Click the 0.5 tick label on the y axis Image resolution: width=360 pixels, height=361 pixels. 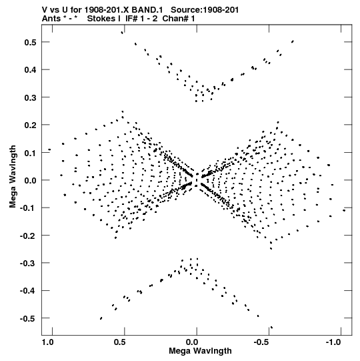coord(30,42)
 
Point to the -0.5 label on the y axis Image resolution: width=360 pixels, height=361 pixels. coord(28,319)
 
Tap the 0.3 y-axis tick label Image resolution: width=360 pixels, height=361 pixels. coord(30,97)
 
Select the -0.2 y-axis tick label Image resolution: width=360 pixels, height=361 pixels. coord(28,236)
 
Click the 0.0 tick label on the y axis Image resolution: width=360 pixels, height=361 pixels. coord(30,180)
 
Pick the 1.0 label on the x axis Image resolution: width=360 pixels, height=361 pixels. coord(47,342)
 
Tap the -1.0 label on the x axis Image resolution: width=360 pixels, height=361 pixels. coord(333,342)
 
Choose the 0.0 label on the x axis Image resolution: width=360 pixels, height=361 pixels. coord(192,342)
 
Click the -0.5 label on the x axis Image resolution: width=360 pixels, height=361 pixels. coord(261,342)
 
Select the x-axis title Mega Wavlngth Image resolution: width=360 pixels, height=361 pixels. coord(200,351)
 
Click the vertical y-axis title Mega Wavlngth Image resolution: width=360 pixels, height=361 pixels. coord(13,177)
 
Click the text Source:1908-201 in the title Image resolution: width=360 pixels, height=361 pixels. coord(205,10)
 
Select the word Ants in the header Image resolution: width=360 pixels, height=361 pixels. coord(51,19)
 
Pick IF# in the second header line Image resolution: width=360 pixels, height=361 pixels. coord(132,19)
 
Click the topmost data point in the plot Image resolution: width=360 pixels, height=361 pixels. coord(122,33)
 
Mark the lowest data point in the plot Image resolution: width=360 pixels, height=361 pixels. coord(272,328)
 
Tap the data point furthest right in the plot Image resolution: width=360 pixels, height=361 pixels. coord(344,210)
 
